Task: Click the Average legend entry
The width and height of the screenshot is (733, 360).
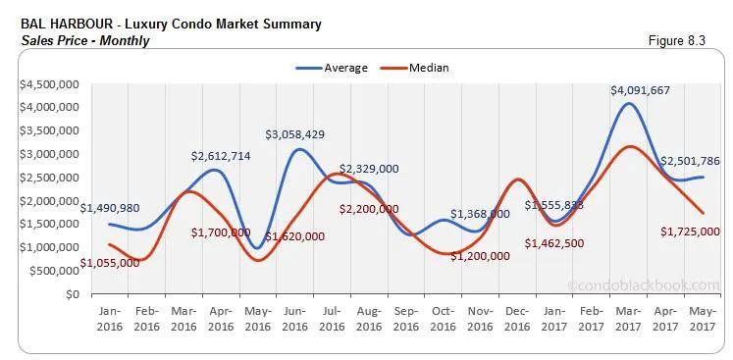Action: [332, 68]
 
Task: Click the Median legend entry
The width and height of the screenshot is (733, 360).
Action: [417, 68]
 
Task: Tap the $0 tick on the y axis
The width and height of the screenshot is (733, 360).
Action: [74, 294]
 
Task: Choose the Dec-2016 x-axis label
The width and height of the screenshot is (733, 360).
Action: [519, 318]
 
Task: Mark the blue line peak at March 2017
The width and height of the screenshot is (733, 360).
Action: [627, 103]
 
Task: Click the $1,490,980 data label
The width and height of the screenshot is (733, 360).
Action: [116, 208]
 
